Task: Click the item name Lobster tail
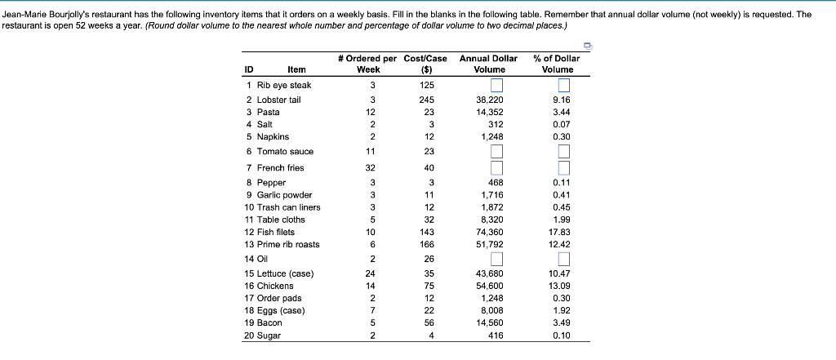click(x=279, y=100)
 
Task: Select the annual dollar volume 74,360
click(x=488, y=232)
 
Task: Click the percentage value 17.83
click(x=561, y=232)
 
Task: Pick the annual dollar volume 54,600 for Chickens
click(x=488, y=286)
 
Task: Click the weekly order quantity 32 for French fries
click(x=371, y=168)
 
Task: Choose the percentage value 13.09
click(x=561, y=286)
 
